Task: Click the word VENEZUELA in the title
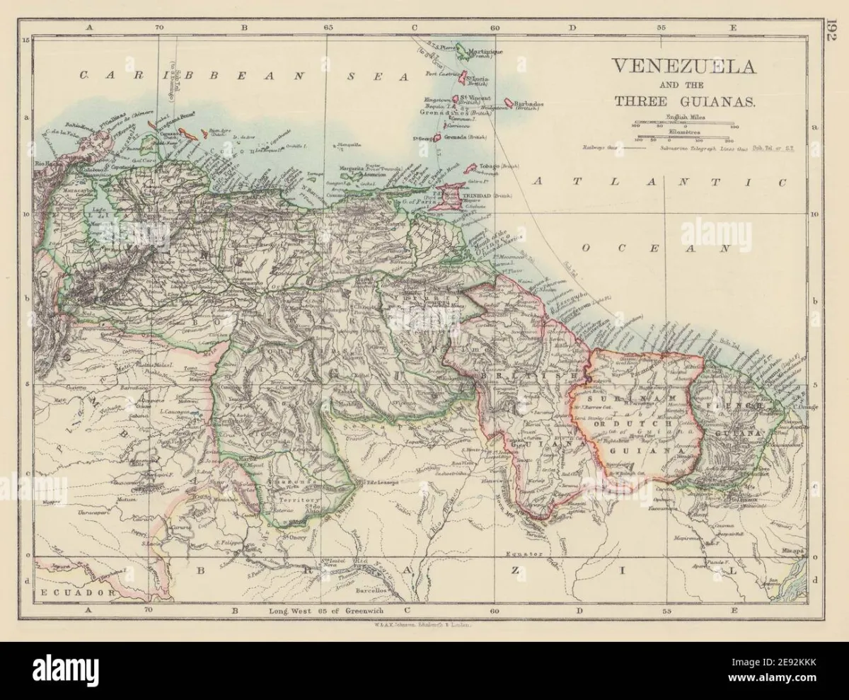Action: point(683,67)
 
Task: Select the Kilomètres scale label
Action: point(683,132)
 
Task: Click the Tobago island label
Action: point(493,165)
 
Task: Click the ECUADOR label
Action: point(68,591)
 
